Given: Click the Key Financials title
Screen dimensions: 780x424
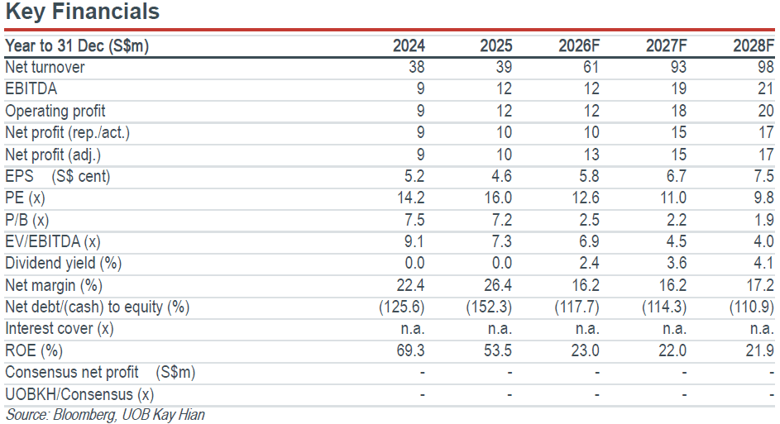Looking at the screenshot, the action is [83, 12].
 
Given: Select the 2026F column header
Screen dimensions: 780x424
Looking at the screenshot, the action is [579, 45].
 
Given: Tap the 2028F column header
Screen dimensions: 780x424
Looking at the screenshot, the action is [754, 45].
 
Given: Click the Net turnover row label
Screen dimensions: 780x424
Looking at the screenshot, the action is [45, 67].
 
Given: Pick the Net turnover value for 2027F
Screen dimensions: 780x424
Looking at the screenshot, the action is [678, 67].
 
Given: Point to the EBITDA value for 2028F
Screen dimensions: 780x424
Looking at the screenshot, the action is [766, 89].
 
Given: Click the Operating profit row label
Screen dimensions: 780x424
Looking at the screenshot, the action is [55, 111].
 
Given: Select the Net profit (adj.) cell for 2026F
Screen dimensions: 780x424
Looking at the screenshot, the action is [591, 155].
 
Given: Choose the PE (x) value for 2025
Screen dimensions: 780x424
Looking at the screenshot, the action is [498, 198].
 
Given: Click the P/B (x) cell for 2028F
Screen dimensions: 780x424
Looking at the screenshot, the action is [763, 220].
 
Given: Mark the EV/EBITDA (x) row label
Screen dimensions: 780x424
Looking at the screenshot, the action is [53, 241].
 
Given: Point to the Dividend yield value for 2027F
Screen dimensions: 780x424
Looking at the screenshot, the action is [677, 263].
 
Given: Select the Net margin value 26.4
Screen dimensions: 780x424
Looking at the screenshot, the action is [498, 285].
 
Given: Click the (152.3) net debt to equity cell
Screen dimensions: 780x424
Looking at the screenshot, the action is [489, 307].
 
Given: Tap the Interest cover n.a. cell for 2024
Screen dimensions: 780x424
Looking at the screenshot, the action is [414, 329].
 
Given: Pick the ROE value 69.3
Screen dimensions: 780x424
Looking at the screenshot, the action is [410, 350].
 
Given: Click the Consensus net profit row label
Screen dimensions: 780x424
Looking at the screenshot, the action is [100, 372].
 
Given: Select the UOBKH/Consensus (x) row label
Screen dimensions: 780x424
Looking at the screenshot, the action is [79, 394].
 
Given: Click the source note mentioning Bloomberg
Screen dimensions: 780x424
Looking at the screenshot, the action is [105, 415].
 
